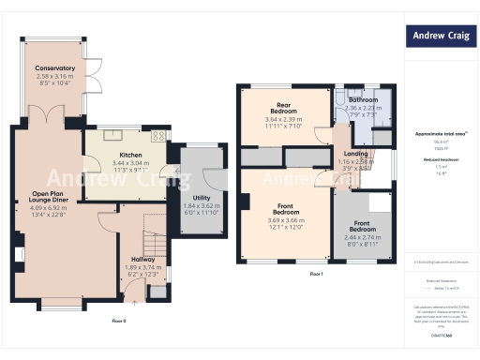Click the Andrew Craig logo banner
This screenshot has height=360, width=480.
pos(440,37)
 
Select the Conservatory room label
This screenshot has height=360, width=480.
pos(55,68)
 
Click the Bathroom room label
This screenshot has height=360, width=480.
pos(363,100)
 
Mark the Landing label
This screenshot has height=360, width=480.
pos(355,154)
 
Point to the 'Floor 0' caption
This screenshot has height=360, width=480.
pos(118,321)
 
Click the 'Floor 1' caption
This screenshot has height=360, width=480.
pos(316,273)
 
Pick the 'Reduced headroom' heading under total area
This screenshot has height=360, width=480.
pos(440,159)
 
